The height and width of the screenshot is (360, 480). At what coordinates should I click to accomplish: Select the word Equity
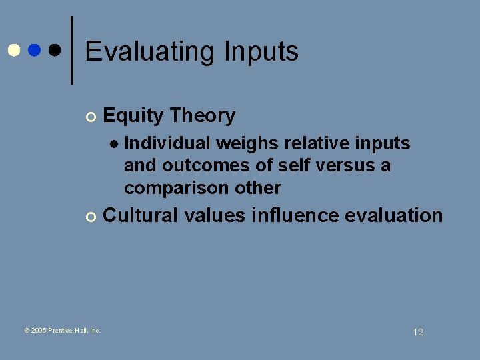[x=133, y=116]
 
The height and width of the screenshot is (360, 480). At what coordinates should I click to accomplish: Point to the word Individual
[x=167, y=143]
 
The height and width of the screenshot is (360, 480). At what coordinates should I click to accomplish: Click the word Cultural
[x=141, y=215]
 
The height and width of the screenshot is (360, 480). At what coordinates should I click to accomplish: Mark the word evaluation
[x=396, y=215]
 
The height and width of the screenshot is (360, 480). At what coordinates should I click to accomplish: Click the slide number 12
[x=418, y=332]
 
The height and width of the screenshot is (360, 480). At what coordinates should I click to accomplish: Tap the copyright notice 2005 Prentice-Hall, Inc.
[x=62, y=330]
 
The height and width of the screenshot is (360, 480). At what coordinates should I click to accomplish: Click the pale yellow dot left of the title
[x=13, y=50]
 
